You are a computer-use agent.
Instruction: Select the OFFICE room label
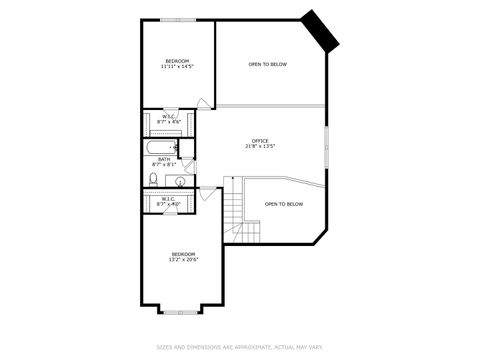260,141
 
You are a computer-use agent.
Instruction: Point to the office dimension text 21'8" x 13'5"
260,147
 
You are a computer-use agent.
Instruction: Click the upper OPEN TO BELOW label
267,64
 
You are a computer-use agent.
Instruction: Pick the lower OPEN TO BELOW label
284,204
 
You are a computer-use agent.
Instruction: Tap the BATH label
163,159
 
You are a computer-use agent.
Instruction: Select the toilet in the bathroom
153,179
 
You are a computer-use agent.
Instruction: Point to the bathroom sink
180,181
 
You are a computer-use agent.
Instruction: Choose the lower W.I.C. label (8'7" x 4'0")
169,200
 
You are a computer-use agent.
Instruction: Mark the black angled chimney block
323,30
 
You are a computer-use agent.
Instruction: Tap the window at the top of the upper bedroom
178,19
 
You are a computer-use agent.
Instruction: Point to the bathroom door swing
192,150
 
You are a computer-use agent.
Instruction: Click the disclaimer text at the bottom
240,347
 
